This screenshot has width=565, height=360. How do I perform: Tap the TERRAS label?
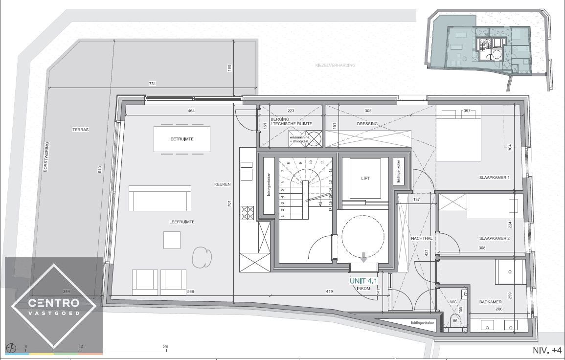coord(80,130)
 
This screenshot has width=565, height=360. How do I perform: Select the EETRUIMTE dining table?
coord(182,139)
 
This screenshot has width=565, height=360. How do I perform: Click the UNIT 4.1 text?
coord(363,281)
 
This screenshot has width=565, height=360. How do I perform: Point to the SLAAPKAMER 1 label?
coord(494,178)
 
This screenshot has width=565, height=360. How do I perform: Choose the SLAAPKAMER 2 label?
coord(494,239)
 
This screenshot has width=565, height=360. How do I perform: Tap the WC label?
coord(453,302)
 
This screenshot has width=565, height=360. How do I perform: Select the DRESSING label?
coord(367,124)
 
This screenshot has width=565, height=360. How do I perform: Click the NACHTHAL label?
coord(422,238)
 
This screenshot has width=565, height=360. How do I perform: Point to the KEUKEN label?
coord(222,184)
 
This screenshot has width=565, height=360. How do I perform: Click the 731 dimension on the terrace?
coord(152,84)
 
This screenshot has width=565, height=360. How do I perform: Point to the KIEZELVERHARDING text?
coord(336,65)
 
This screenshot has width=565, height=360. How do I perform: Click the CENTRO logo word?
coord(54,303)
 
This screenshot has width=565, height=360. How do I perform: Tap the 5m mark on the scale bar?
coord(165,346)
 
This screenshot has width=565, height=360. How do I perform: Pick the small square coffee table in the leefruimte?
coord(172,240)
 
